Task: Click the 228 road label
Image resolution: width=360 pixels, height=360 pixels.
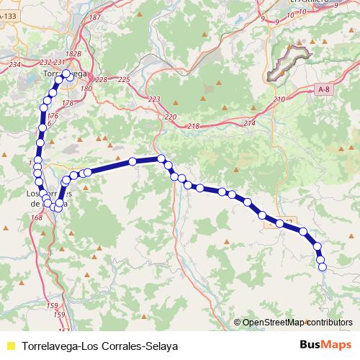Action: click(x=101, y=80)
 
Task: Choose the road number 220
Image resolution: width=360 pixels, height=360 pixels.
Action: click(x=170, y=117)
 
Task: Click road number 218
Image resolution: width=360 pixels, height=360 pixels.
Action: click(x=193, y=127)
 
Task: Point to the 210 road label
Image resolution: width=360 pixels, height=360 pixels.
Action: click(x=280, y=99)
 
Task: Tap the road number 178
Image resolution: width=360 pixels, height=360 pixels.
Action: click(x=68, y=104)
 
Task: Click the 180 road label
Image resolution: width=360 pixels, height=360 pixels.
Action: click(x=86, y=89)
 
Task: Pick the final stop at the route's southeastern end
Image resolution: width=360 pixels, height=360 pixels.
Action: click(x=323, y=267)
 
